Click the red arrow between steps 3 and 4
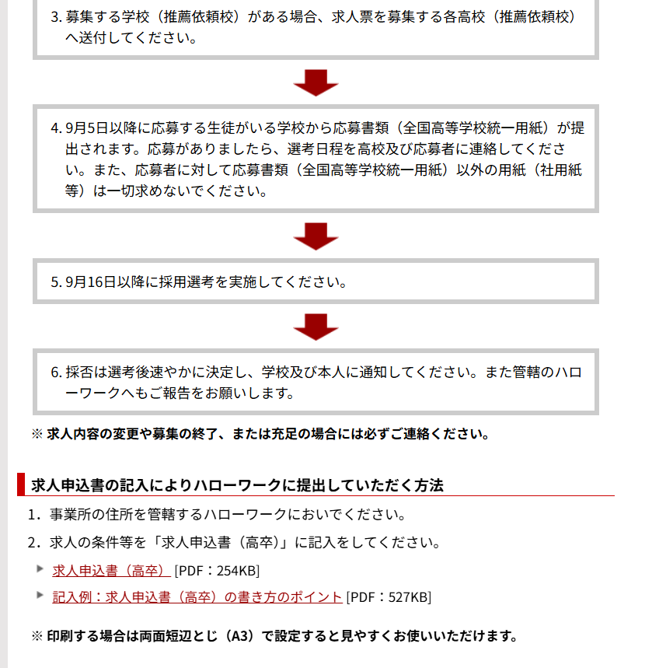click(316, 82)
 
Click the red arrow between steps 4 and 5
click(316, 236)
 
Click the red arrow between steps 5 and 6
click(316, 327)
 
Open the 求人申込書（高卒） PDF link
click(111, 571)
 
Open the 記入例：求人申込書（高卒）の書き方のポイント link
click(197, 597)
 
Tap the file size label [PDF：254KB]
click(217, 571)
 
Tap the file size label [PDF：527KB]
click(389, 597)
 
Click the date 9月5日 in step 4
click(87, 128)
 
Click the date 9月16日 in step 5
click(91, 282)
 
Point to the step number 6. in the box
click(56, 372)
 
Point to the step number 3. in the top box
click(56, 17)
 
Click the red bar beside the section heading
click(21, 484)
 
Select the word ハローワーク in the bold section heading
click(237, 485)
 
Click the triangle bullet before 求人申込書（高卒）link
click(40, 568)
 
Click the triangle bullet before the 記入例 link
click(40, 595)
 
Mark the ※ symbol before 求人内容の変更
click(37, 434)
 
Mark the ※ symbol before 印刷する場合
click(37, 636)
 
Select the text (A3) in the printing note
click(239, 636)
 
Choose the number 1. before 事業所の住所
click(34, 515)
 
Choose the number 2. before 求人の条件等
click(34, 543)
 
